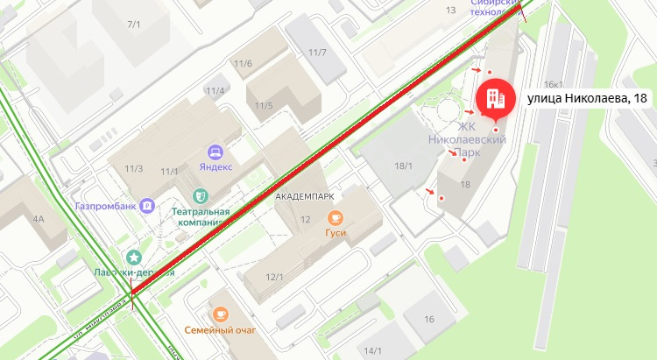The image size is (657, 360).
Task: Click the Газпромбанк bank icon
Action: point(149,206)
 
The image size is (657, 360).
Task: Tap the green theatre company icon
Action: point(201,194)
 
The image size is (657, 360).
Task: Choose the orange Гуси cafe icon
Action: point(335,218)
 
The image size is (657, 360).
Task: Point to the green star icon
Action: point(133,257)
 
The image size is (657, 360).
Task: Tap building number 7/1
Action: point(133,24)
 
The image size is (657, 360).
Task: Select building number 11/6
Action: point(243,63)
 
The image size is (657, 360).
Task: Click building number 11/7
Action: point(317,53)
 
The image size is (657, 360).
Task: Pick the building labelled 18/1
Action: point(403,165)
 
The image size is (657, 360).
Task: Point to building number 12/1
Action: point(275,278)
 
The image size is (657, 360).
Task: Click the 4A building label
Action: point(38,218)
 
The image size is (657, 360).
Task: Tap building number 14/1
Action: point(373,351)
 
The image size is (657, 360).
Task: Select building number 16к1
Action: point(553,84)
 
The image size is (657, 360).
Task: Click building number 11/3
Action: point(134,169)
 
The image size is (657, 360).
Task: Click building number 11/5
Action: point(264,106)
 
